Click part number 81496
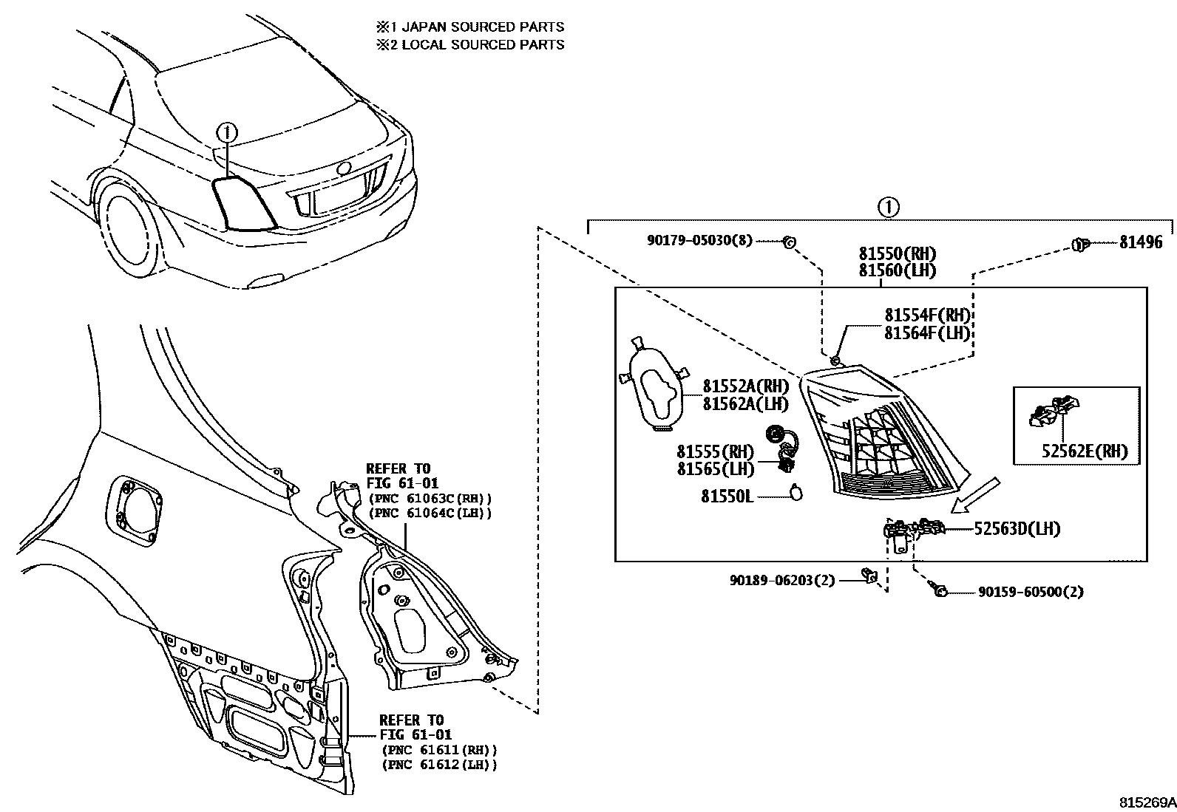point(1140,242)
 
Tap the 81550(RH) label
point(897,254)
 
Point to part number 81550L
point(727,497)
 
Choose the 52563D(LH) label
point(1017,529)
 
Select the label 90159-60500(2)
point(1031,592)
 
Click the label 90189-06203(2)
point(781,581)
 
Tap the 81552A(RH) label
point(745,386)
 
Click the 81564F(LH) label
point(926,333)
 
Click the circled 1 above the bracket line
point(889,207)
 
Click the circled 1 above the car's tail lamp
point(228,132)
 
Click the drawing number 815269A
point(1146,802)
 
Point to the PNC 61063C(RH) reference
point(430,499)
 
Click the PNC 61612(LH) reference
point(439,765)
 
